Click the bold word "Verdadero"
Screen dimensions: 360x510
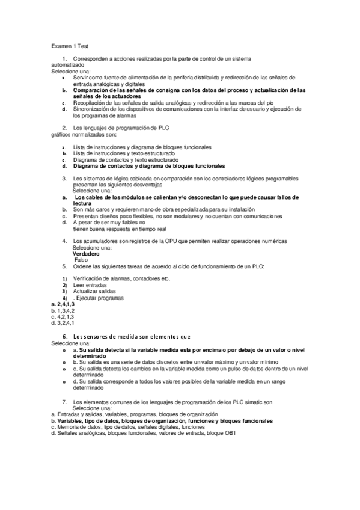[x=85, y=254]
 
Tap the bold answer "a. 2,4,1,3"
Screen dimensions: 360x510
[x=63, y=304]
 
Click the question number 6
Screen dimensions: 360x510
[x=64, y=336]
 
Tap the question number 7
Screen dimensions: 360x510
[x=64, y=401]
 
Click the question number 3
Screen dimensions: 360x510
[x=64, y=179]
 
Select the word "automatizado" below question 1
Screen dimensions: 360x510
[x=68, y=64]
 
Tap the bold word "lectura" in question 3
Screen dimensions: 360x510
[x=82, y=203]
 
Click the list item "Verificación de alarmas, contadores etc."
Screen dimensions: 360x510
[x=121, y=278]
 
